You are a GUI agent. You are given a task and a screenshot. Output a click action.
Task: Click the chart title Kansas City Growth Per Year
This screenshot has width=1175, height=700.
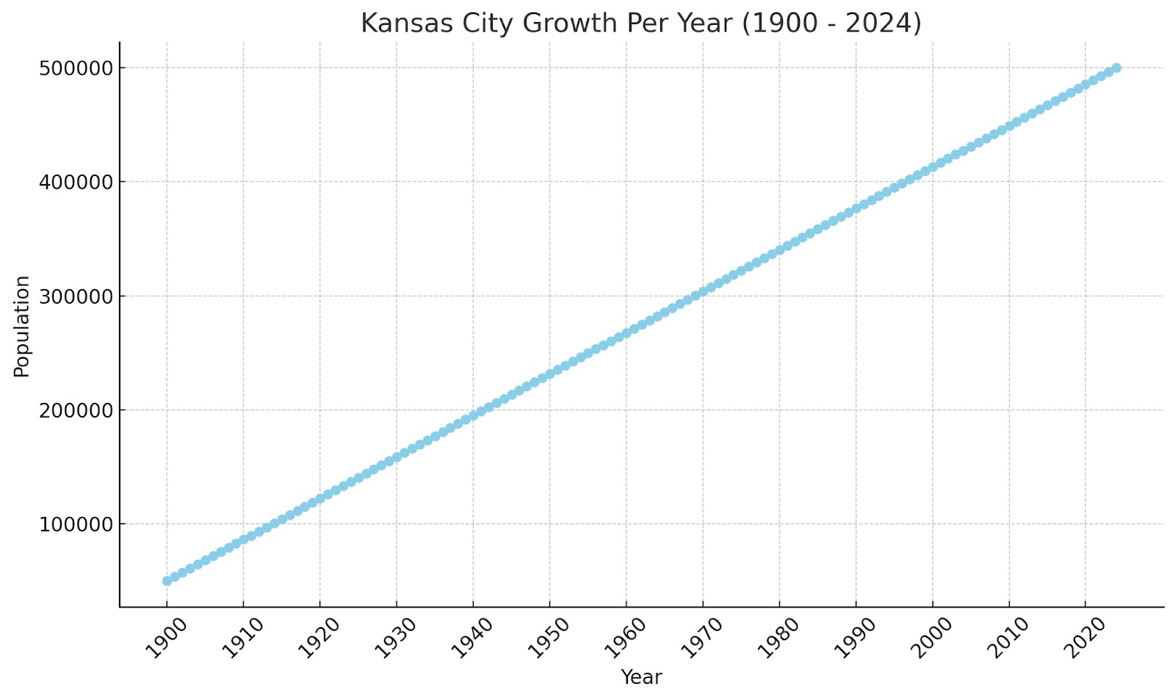[x=640, y=23]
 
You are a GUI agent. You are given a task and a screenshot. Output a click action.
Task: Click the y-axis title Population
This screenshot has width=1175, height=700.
[x=22, y=326]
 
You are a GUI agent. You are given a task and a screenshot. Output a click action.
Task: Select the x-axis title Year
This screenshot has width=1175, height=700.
[x=641, y=677]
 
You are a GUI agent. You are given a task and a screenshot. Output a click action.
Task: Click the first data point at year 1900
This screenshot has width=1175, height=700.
[x=167, y=580]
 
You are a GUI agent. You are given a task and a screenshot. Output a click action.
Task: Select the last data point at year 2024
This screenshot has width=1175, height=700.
[x=1116, y=68]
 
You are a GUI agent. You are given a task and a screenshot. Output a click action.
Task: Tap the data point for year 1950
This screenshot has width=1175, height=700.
[x=550, y=374]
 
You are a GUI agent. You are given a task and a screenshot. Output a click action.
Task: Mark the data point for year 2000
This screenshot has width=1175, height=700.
[x=933, y=167]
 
